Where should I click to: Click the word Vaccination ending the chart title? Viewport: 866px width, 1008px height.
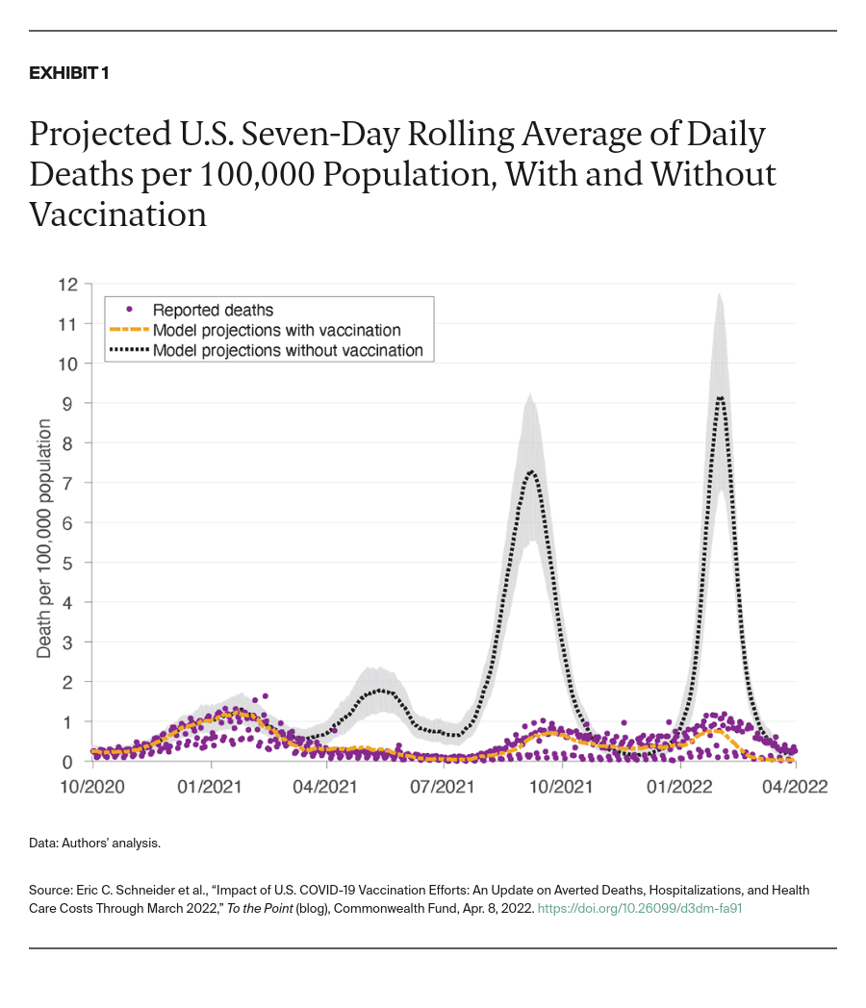tap(118, 214)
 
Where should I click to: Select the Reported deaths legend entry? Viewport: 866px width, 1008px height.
tap(214, 310)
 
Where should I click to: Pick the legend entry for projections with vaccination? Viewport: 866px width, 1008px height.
tap(276, 330)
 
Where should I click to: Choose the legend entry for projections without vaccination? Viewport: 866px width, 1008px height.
tap(288, 350)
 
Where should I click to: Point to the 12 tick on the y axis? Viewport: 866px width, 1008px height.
tap(68, 285)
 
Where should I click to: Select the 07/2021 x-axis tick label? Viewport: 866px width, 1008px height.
tap(445, 786)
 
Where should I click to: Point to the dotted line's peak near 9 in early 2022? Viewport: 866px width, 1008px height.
tap(720, 398)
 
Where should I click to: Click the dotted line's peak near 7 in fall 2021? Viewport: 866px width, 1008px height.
tap(531, 471)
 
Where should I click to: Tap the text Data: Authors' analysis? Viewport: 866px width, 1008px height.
tap(94, 844)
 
